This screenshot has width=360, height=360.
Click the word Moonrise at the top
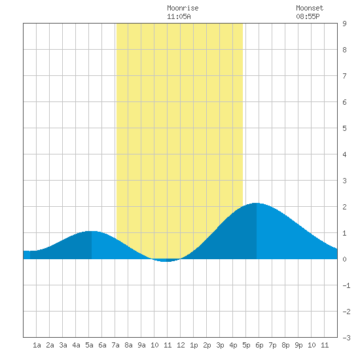[x=183, y=8]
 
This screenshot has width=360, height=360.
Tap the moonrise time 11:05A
[x=179, y=16]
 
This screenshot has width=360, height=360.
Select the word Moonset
[x=310, y=8]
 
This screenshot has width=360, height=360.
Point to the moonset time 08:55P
[x=308, y=16]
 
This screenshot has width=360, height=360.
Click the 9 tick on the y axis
[x=344, y=24]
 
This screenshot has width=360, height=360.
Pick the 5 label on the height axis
[x=344, y=128]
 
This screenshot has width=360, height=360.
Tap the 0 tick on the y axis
[x=344, y=259]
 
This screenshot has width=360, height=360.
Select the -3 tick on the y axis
[x=346, y=338]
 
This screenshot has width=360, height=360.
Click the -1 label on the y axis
[x=346, y=285]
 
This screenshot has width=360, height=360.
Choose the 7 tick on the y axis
[x=344, y=76]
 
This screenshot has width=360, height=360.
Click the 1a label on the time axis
[x=37, y=345]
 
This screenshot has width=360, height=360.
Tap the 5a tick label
[x=89, y=345]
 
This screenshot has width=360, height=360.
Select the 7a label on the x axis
[x=115, y=345]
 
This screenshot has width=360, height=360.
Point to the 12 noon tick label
[x=181, y=345]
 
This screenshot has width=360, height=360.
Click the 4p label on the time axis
[x=233, y=345]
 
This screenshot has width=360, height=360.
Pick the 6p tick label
[x=259, y=345]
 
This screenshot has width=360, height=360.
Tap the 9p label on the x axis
[x=298, y=345]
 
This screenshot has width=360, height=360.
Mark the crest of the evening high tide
[x=256, y=203]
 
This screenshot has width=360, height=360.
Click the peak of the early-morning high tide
[x=92, y=232]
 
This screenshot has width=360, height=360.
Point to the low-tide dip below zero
[x=166, y=261]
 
